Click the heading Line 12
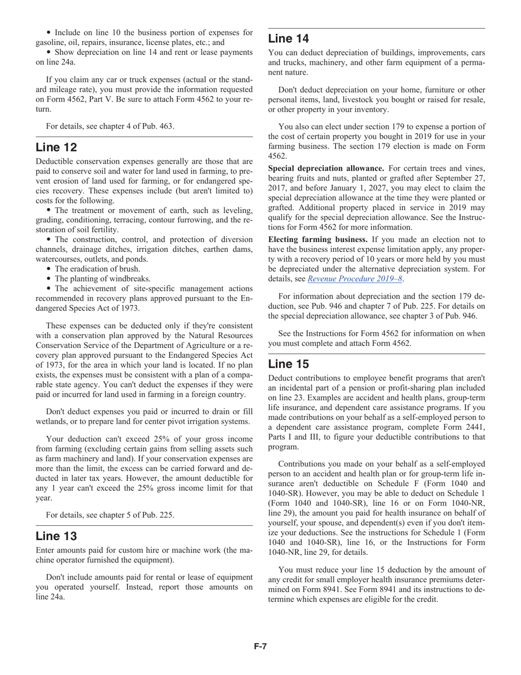tap(56, 148)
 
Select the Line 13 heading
tap(56, 536)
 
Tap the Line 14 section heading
tap(288, 39)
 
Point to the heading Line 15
tap(288, 364)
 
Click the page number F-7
tap(260, 646)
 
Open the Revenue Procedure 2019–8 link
tap(355, 279)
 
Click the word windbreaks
tap(131, 279)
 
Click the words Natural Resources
tap(219, 335)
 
